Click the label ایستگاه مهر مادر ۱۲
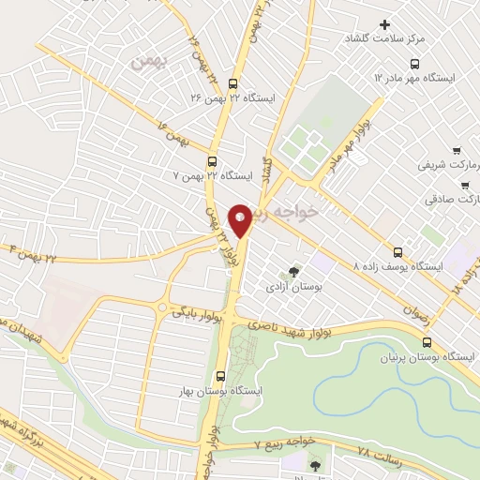point(427,77)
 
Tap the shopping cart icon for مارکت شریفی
point(457,150)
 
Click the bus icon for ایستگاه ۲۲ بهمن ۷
point(213,159)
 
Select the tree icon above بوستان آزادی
point(294,272)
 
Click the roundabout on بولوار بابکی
point(165,308)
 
